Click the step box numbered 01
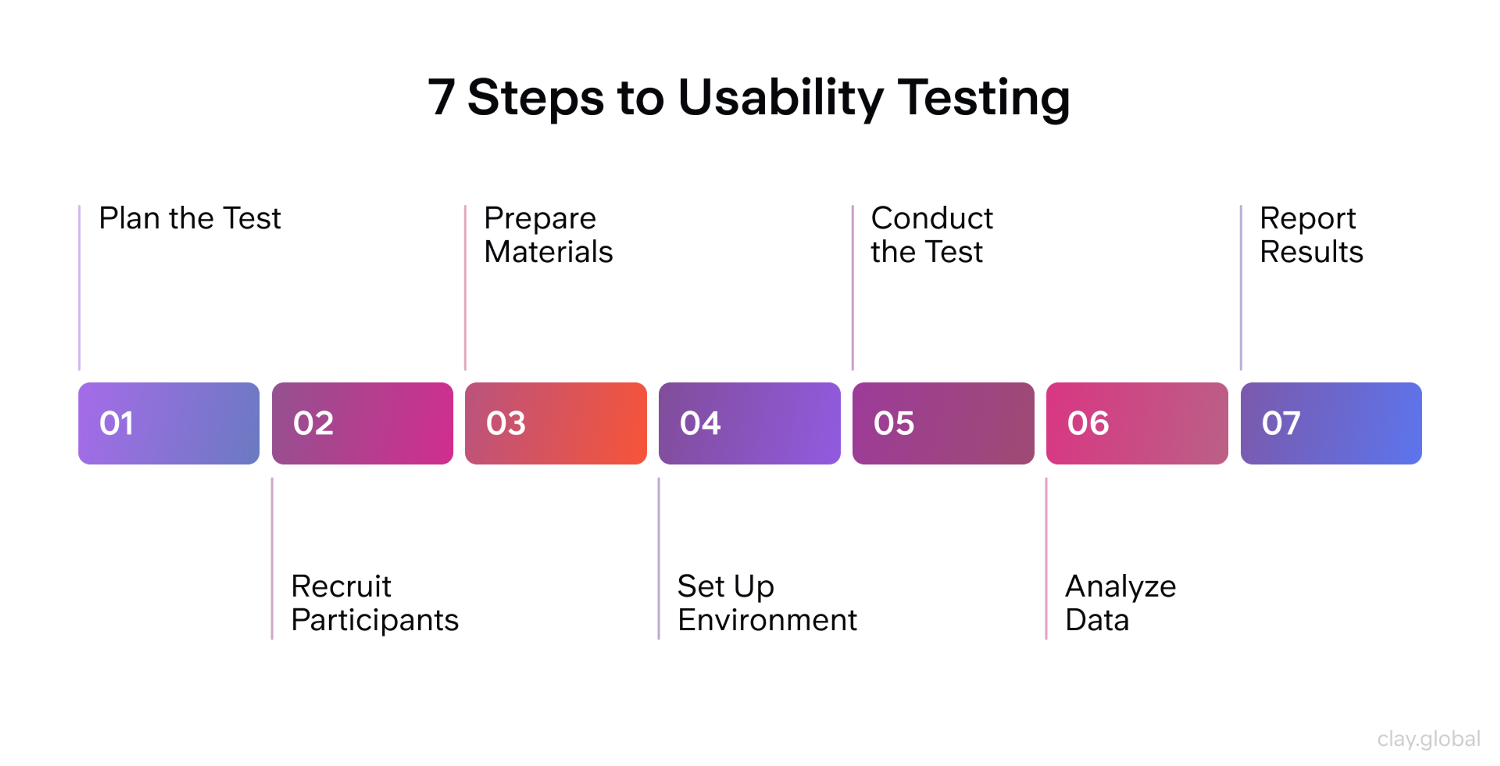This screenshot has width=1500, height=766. pos(169,424)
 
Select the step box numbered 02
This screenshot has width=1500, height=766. pos(362,424)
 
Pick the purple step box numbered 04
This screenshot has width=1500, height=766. pos(750,424)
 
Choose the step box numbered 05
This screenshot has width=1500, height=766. pos(943,424)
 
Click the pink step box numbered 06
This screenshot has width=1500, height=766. pos(1137,424)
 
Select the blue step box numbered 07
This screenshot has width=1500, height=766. pos(1331,424)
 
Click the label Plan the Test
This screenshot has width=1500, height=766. pos(190,218)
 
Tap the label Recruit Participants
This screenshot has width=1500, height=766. pos(375,603)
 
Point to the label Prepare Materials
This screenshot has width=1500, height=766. pos(548,235)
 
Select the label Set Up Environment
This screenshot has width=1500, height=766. pos(766,603)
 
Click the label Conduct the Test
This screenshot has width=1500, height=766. pos(932,235)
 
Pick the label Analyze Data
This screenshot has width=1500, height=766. pos(1120,603)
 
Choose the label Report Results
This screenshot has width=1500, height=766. pos(1311,235)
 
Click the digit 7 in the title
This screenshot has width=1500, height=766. pos(441,97)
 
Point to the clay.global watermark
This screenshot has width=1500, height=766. pos(1429,739)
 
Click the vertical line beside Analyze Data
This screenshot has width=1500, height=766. pos(1046,559)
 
